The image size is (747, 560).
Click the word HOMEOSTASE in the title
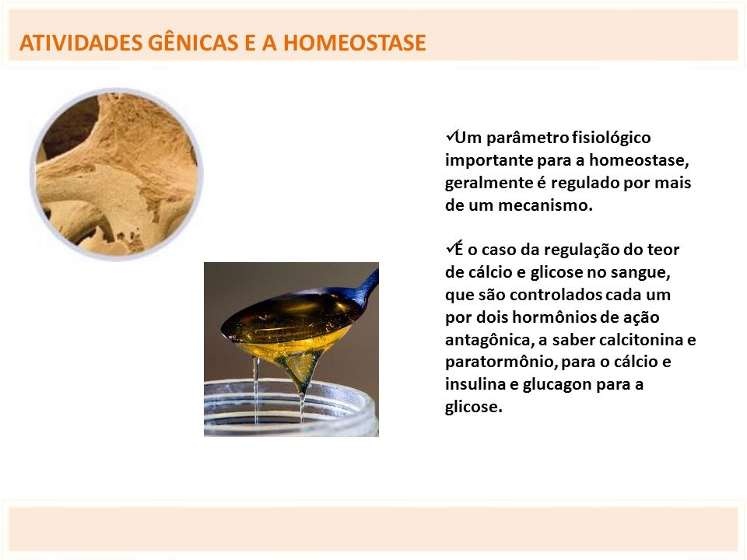(x=355, y=43)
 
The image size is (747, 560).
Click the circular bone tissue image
(x=117, y=174)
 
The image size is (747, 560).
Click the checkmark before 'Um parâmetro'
(x=450, y=136)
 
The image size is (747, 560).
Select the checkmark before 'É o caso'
(x=450, y=248)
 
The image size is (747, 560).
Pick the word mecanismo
(x=545, y=205)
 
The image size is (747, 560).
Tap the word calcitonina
(x=641, y=340)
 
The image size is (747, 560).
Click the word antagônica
(x=489, y=341)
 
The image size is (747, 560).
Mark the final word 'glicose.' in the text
(x=474, y=408)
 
